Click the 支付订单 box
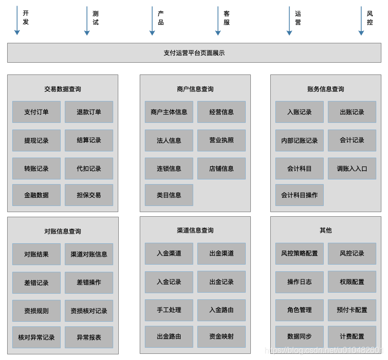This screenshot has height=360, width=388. coord(36,112)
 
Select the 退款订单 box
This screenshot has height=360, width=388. coord(89,112)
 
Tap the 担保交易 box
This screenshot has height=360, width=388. coord(89,195)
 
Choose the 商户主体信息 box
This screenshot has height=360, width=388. coord(169,112)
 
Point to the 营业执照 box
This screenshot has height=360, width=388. coord(221,140)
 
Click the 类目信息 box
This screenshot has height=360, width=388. coord(169,195)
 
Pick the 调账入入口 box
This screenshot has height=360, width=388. coord(352,168)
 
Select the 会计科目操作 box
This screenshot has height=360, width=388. coord(299,195)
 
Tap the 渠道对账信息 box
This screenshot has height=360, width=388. coord(89,254)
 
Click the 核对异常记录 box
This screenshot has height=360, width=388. coord(36,337)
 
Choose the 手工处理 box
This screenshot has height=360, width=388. coord(169,310)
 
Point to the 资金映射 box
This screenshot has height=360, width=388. coord(221,337)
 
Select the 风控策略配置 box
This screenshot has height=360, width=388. coord(299,253)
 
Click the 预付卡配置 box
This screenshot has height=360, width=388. coord(352,310)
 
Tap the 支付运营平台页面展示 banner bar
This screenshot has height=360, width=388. coord(194,53)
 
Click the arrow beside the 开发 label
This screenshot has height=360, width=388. coord(17,20)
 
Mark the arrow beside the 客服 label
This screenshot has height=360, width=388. coord(218,20)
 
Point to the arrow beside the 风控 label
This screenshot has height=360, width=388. coord(361,20)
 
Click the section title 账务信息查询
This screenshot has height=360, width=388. coord(325,89)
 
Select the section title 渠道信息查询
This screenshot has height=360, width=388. coord(195,230)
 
